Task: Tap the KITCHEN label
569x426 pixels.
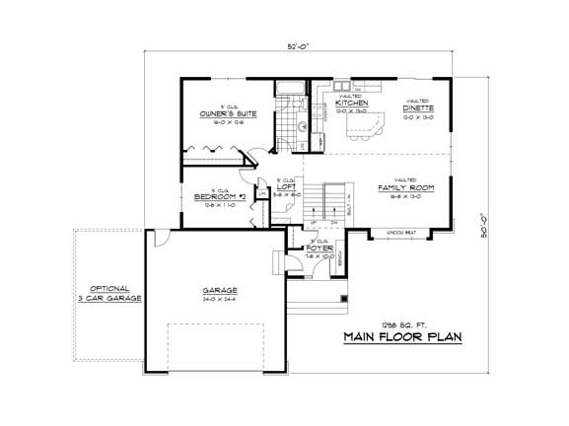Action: click(x=352, y=103)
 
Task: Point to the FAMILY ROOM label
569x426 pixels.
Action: click(x=405, y=186)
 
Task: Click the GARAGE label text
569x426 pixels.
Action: click(x=220, y=290)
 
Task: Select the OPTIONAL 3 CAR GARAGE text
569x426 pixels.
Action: click(x=110, y=292)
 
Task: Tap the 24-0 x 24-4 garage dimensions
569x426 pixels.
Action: click(x=220, y=298)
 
